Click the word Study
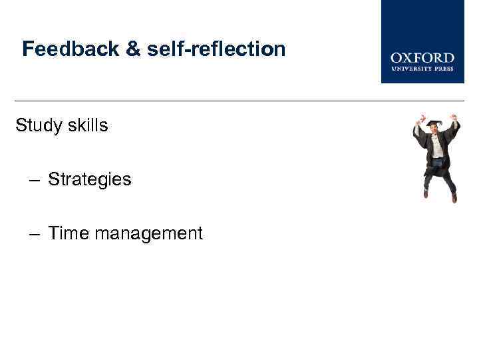pyautogui.click(x=39, y=125)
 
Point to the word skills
pyautogui.click(x=87, y=125)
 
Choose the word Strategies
pyautogui.click(x=90, y=179)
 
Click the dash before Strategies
pyautogui.click(x=35, y=180)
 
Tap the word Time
pyautogui.click(x=69, y=233)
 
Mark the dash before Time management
pyautogui.click(x=35, y=234)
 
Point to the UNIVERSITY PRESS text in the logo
pyautogui.click(x=422, y=68)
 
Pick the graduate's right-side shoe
pyautogui.click(x=454, y=198)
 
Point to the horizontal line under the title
pyautogui.click(x=239, y=101)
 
